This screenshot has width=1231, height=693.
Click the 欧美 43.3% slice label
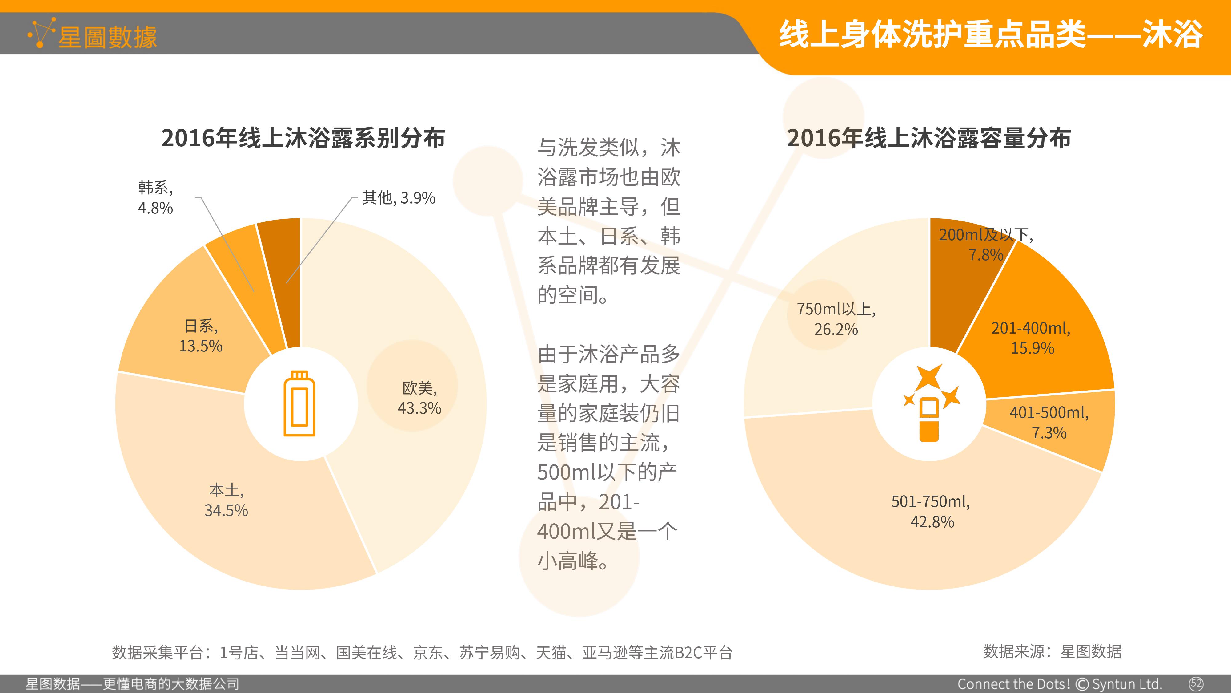[419, 397]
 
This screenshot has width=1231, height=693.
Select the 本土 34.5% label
[226, 500]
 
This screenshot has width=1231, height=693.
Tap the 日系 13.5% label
[201, 336]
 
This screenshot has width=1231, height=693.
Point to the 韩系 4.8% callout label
[155, 197]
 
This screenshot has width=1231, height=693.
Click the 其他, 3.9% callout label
[399, 197]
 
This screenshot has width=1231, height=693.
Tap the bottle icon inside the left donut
[299, 403]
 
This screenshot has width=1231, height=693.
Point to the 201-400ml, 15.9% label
[1032, 338]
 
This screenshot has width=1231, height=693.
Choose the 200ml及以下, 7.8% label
[986, 244]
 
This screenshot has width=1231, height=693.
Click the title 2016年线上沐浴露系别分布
[303, 138]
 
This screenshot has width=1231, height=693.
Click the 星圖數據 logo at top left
[92, 34]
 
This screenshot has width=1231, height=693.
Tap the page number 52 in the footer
[1196, 683]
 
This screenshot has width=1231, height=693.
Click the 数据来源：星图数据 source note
[1052, 651]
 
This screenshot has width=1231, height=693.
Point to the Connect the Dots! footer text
[1014, 684]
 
